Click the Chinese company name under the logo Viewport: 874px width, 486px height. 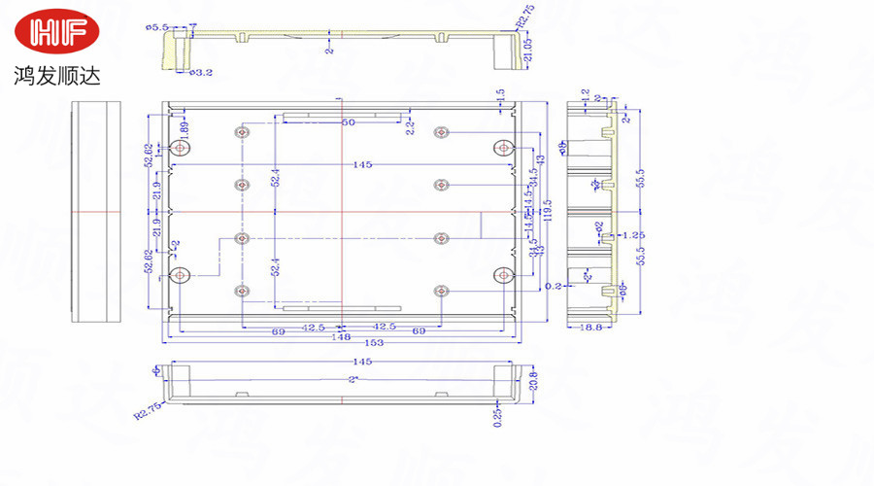[x=57, y=75]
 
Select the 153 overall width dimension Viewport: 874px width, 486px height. [x=343, y=343]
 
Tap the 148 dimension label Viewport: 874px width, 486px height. [x=341, y=335]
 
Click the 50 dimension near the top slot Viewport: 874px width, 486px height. [x=347, y=122]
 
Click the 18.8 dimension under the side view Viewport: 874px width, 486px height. [x=590, y=328]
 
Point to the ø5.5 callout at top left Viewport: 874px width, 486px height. [x=157, y=27]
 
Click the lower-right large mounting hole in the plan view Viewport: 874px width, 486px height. [x=502, y=275]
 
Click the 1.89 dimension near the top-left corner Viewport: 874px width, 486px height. [x=184, y=126]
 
